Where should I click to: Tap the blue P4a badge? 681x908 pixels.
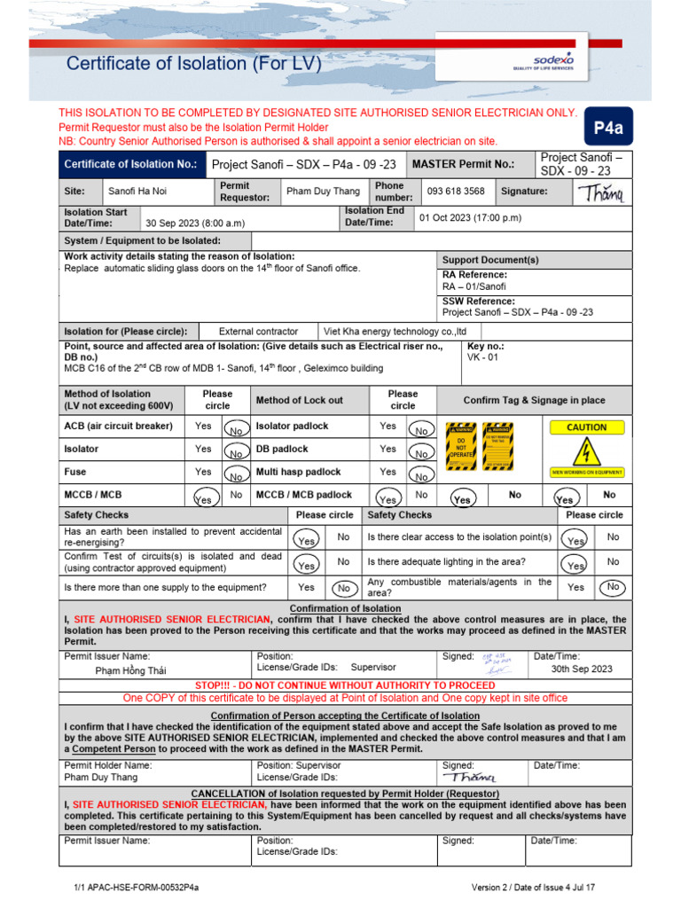click(608, 128)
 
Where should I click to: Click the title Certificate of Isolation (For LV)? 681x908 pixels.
click(194, 63)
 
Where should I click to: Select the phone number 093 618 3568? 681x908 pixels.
click(456, 191)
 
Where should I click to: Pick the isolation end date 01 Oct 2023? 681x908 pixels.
click(470, 217)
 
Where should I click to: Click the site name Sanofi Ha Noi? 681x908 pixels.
click(137, 191)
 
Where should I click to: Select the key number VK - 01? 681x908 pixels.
click(483, 357)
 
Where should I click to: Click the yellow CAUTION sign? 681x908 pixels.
click(586, 427)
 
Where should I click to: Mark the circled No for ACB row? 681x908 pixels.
click(236, 430)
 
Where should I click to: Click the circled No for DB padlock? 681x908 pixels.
click(421, 453)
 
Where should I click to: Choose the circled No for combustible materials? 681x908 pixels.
click(613, 587)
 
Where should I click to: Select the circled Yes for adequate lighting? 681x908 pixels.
click(576, 565)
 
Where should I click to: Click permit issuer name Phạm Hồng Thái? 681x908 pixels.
click(130, 670)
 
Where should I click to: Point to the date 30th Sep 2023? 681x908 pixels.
click(582, 669)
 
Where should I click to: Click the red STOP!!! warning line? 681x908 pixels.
click(345, 685)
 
